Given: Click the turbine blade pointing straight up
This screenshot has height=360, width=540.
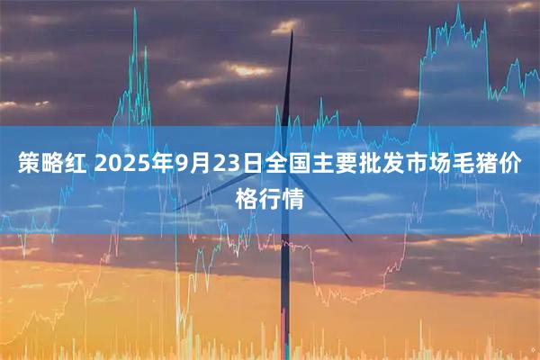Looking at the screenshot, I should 291,90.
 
